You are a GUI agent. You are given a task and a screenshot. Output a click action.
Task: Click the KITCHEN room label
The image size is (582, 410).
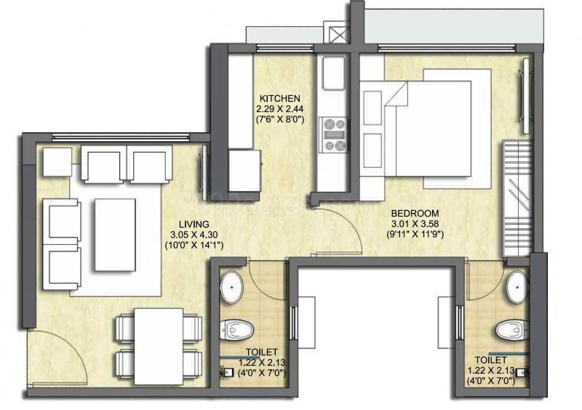pyautogui.click(x=279, y=99)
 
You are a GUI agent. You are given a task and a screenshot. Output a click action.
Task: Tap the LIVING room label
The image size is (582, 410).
pyautogui.click(x=194, y=224)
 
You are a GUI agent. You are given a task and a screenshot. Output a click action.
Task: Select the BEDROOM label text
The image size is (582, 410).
pyautogui.click(x=415, y=213)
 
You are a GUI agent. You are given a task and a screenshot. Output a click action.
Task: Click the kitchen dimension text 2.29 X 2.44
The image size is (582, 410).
pyautogui.click(x=279, y=109)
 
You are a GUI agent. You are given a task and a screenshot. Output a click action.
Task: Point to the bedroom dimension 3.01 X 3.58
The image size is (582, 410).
pyautogui.click(x=415, y=224)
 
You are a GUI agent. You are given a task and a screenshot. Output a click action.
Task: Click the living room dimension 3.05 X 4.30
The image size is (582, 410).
pyautogui.click(x=194, y=235)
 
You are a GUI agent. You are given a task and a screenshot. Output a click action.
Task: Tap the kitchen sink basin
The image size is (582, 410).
pyautogui.click(x=334, y=73)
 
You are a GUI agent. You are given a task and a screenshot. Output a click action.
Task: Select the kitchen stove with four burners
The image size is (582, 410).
pyautogui.click(x=334, y=134)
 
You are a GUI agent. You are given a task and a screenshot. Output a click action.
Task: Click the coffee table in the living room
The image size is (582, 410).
pyautogui.click(x=115, y=235)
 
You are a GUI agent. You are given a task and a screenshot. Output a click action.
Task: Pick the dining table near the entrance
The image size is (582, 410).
pyautogui.click(x=159, y=346)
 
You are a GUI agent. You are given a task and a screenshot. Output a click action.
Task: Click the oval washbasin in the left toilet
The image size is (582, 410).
pyautogui.click(x=231, y=287)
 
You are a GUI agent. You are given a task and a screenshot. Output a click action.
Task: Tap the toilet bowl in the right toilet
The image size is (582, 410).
pyautogui.click(x=511, y=330)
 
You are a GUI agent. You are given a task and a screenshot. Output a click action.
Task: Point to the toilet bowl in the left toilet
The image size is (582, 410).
pyautogui.click(x=236, y=330)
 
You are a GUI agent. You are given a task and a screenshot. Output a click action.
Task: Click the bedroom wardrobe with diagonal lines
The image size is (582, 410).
pyautogui.click(x=517, y=198)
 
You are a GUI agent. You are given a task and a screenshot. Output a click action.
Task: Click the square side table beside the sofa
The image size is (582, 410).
pyautogui.click(x=57, y=162)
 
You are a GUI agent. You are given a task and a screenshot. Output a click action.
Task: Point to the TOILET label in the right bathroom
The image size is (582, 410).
pyautogui.click(x=490, y=360)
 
